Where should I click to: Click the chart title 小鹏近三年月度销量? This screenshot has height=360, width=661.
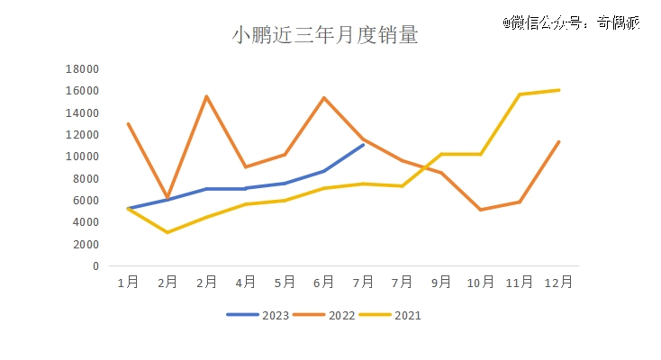(325, 36)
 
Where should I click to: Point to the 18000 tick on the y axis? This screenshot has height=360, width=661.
(83, 69)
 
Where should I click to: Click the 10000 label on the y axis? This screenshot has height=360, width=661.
(83, 157)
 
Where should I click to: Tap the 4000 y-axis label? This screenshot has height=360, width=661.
(86, 222)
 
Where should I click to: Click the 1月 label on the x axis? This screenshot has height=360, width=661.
(128, 282)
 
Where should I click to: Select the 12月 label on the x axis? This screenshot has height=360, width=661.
(559, 282)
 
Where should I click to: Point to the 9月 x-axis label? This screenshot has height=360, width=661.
(441, 282)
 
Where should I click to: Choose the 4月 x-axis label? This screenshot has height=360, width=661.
(246, 282)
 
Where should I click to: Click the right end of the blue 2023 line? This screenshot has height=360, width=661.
(363, 144)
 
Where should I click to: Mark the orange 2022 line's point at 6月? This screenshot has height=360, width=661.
(324, 97)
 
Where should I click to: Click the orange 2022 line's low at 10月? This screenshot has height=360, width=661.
(481, 210)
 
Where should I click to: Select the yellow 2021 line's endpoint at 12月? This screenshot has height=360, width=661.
(559, 90)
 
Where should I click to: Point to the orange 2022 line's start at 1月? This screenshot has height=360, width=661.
(128, 123)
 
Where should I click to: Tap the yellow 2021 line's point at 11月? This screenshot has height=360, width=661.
(520, 94)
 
